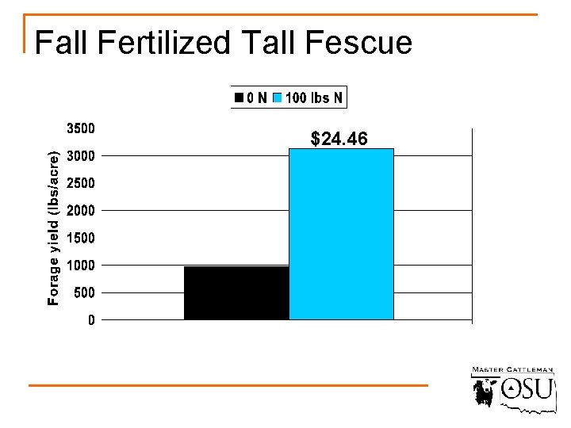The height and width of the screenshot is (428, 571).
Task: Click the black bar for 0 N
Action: point(236,292)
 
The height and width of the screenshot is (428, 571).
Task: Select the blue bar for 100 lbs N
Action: point(341,234)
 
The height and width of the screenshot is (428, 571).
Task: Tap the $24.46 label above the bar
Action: point(339,139)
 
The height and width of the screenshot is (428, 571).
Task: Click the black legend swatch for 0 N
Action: point(238,98)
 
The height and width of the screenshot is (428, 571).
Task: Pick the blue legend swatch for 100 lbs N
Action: point(277,98)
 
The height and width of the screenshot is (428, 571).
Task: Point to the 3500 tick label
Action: point(79,128)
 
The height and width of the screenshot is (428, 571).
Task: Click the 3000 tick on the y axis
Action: point(79,155)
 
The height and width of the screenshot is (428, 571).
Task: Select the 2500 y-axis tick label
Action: point(79,183)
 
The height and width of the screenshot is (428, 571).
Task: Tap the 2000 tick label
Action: point(79,210)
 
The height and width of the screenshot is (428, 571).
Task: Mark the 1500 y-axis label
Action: point(79,238)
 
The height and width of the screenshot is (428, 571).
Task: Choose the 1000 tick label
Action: point(79,266)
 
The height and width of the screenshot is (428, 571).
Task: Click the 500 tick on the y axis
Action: point(82,292)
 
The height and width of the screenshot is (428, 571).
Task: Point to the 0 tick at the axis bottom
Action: point(91,320)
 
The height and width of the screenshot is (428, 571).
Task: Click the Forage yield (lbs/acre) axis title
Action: point(53,227)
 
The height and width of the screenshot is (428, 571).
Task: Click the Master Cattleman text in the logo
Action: point(512,370)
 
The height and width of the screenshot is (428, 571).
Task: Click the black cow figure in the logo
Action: point(484,392)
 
